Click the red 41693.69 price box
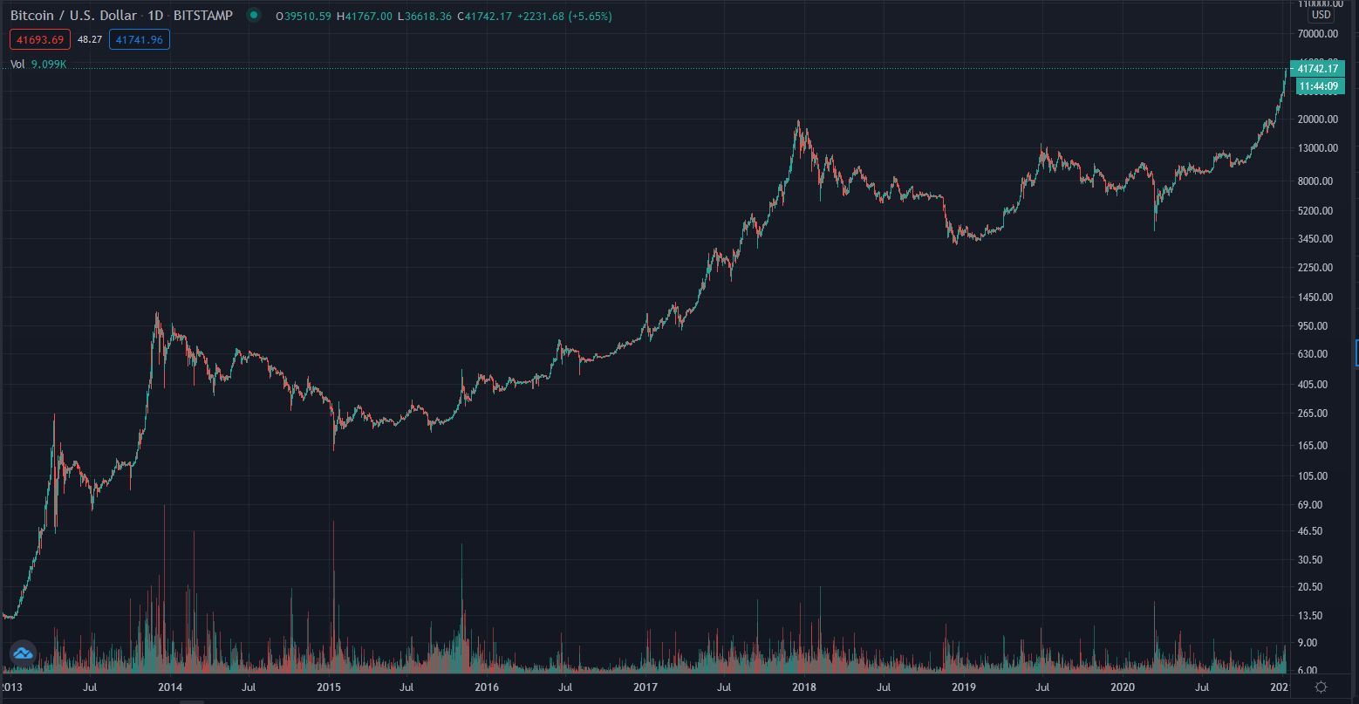point(40,39)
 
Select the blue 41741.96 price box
point(139,39)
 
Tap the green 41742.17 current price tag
point(1317,69)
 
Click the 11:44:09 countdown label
point(1317,85)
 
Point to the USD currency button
point(1321,15)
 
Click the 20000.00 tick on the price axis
point(1317,120)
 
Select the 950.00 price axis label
point(1317,326)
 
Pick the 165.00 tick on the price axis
point(1317,446)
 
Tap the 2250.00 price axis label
point(1317,268)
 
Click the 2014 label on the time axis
point(170,687)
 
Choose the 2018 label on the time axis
point(804,687)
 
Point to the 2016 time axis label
point(487,687)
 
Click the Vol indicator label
point(17,65)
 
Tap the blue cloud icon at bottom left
point(22,653)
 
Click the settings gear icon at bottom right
point(1321,687)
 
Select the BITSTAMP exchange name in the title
point(203,16)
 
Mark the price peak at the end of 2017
point(798,121)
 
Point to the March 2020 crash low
point(1154,230)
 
